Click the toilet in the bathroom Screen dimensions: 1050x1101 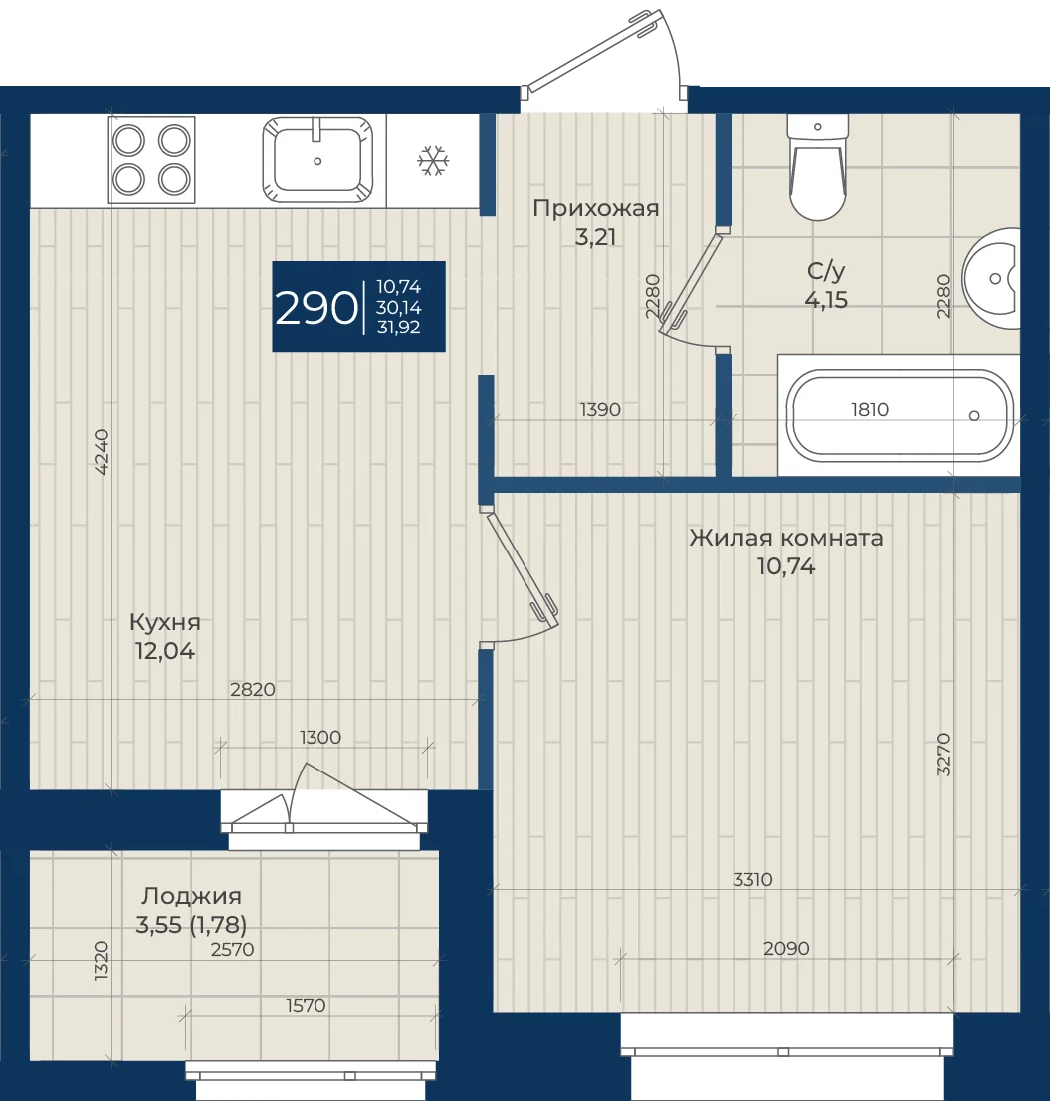click(x=818, y=167)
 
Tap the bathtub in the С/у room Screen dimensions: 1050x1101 click(x=900, y=416)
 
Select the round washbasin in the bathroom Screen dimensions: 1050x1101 click(x=991, y=278)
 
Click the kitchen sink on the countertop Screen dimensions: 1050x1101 click(x=317, y=160)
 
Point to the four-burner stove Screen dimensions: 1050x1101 click(x=151, y=160)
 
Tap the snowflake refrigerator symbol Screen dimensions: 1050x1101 click(x=433, y=161)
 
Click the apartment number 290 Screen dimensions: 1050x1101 click(x=315, y=308)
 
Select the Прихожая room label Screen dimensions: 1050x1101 click(x=596, y=208)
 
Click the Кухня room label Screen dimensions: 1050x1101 click(x=165, y=622)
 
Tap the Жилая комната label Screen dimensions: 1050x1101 click(x=786, y=538)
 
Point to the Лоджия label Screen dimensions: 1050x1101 click(x=191, y=896)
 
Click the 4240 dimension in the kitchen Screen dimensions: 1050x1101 click(x=102, y=452)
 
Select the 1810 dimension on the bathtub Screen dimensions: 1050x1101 click(x=870, y=409)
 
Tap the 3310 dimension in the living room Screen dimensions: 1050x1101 click(x=752, y=879)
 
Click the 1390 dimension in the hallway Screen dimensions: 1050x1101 click(x=600, y=409)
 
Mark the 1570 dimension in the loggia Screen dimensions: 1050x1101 click(x=306, y=1006)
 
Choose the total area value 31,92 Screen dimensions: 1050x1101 click(x=399, y=328)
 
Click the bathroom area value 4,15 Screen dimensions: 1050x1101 click(x=826, y=300)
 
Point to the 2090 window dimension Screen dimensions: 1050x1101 click(x=786, y=948)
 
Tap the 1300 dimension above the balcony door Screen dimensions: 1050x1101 click(x=320, y=738)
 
